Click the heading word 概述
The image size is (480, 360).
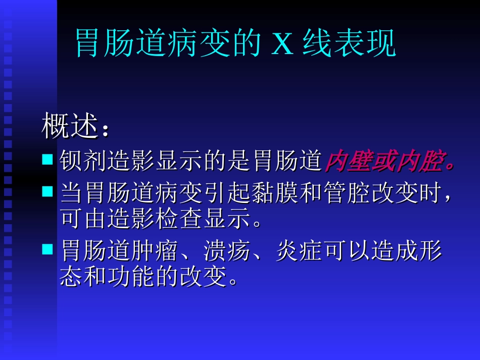click(69, 127)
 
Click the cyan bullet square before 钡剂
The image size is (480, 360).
click(47, 160)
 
